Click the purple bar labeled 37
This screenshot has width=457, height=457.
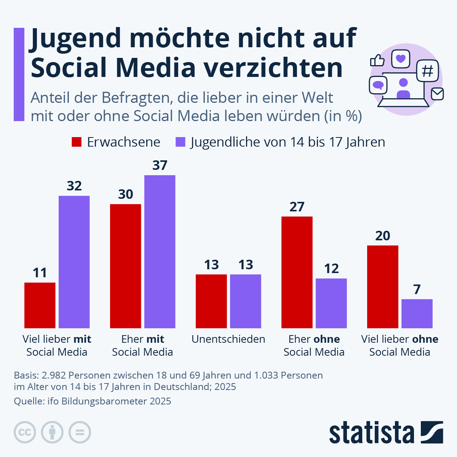click(160, 251)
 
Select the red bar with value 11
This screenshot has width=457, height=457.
click(40, 305)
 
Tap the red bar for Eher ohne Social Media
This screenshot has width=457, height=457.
click(297, 272)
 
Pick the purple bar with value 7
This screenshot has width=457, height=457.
click(417, 313)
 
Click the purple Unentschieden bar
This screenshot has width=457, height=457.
click(245, 301)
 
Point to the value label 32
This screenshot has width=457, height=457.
click(74, 186)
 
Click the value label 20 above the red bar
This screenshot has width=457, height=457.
click(382, 236)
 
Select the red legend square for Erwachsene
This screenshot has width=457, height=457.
click(77, 142)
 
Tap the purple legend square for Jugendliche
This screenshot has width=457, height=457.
click(180, 142)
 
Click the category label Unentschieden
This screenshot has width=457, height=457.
click(228, 339)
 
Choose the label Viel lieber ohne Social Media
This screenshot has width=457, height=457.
click(399, 345)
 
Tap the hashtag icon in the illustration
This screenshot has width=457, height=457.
click(428, 71)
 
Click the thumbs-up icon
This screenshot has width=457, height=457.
click(377, 60)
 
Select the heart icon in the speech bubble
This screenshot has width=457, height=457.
click(400, 59)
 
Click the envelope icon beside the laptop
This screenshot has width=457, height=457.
click(437, 94)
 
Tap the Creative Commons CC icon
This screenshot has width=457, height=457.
click(25, 432)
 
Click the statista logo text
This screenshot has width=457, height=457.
click(371, 433)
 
